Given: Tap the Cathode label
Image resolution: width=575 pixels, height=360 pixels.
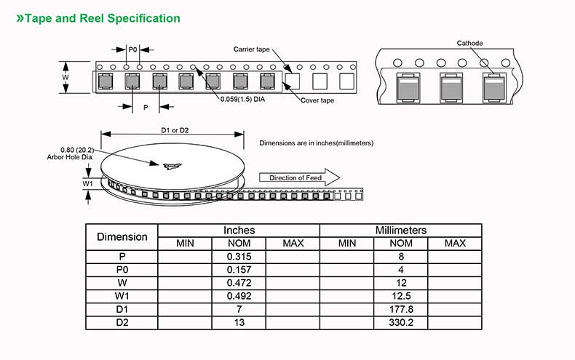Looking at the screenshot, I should pyautogui.click(x=469, y=44).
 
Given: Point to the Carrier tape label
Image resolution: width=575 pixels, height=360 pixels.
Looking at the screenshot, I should pyautogui.click(x=252, y=49).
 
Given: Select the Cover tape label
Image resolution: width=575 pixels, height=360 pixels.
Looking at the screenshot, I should pyautogui.click(x=317, y=100).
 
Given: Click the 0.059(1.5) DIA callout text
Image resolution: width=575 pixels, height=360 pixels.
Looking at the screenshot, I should pyautogui.click(x=242, y=100).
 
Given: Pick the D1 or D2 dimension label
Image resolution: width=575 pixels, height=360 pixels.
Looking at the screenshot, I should pyautogui.click(x=175, y=130).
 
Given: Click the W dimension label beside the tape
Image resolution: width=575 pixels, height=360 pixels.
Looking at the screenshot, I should pyautogui.click(x=66, y=77).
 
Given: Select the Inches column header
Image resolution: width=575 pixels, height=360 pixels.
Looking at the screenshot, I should pyautogui.click(x=239, y=230).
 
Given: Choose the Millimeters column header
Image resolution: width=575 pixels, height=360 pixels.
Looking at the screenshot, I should pyautogui.click(x=401, y=230).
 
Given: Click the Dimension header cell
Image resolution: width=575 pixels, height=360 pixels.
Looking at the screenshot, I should pyautogui.click(x=122, y=236).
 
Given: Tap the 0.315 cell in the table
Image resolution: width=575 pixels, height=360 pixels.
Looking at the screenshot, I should pyautogui.click(x=239, y=256).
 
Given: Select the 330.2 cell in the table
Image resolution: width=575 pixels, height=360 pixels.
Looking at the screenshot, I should pyautogui.click(x=401, y=323).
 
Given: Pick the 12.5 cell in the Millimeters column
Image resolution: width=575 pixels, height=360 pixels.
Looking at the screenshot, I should pyautogui.click(x=401, y=296).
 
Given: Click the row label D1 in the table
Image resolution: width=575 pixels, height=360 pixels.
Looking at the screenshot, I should pyautogui.click(x=122, y=310).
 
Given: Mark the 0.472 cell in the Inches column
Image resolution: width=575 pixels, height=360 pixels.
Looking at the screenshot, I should pyautogui.click(x=239, y=283).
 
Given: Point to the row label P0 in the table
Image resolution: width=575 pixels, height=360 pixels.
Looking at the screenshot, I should pyautogui.click(x=122, y=270).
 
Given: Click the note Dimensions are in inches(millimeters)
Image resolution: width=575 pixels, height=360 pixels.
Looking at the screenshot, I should pyautogui.click(x=317, y=143).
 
